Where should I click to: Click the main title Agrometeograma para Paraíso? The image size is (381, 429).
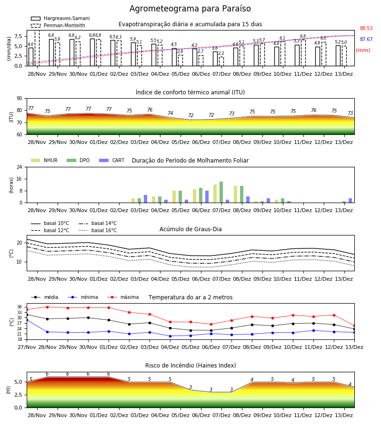coord(190,9)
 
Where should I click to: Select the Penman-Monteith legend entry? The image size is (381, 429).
coord(58,25)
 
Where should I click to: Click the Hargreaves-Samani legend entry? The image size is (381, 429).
coord(60,18)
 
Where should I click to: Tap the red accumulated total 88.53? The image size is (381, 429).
coord(366,28)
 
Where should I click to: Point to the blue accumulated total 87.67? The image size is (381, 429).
coord(366,39)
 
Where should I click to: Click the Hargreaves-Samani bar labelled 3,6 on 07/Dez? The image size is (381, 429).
coord(215,59)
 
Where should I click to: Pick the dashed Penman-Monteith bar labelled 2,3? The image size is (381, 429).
coord(221,61)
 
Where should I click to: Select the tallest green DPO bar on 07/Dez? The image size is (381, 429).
coord(221,192)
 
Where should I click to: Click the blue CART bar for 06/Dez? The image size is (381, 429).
coord(207,197)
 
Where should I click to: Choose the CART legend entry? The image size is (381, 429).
coord(112,160)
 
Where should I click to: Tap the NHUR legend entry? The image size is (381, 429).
coord(44,160)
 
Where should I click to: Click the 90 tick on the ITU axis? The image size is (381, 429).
coord(20,98)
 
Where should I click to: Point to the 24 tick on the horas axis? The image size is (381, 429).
coord(20,167)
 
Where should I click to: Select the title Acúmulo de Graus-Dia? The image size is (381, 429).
coord(190,229)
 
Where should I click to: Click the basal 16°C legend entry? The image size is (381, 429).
coord(98,230)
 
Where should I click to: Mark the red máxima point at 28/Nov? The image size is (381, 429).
coord(47,307)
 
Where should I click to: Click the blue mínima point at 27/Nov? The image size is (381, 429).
coord(27,319)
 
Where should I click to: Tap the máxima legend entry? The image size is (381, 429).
coord(123,297)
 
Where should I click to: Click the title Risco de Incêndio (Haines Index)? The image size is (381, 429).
coord(190,366)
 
